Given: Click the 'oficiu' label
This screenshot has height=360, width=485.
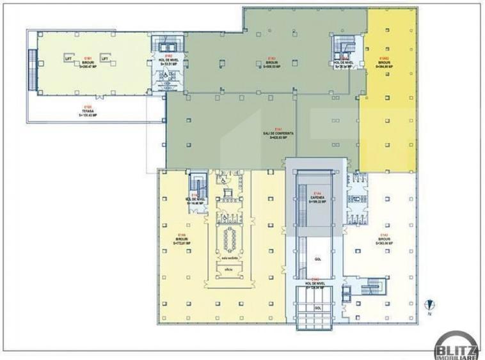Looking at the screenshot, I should pyautogui.click(x=228, y=270).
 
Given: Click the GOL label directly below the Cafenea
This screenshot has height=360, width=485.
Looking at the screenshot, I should pyautogui.click(x=317, y=260).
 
